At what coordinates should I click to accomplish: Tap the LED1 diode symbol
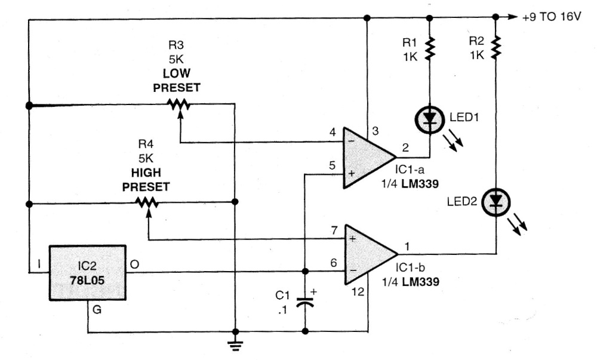[x=428, y=119]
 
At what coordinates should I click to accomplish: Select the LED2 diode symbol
[x=495, y=200]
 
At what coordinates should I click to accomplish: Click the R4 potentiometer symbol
[x=147, y=204]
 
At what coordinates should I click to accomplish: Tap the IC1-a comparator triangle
[x=365, y=156]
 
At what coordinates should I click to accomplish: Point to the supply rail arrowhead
[x=509, y=17]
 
